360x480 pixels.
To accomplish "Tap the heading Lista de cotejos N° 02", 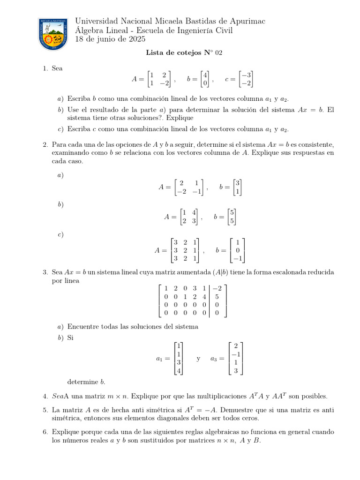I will point(184,53).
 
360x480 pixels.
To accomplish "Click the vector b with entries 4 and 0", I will point(204,79).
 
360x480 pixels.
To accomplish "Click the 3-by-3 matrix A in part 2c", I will point(185,250).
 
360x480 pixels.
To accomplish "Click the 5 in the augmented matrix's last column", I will point(217,296).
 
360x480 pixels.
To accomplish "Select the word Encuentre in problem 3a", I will point(83,326).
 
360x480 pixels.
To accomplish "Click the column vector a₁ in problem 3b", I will point(178,359).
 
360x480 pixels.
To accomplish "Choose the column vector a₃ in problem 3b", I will point(236,359).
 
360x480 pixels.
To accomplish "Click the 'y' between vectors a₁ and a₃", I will point(198,359).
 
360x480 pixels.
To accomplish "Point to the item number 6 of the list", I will point(45,432).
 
